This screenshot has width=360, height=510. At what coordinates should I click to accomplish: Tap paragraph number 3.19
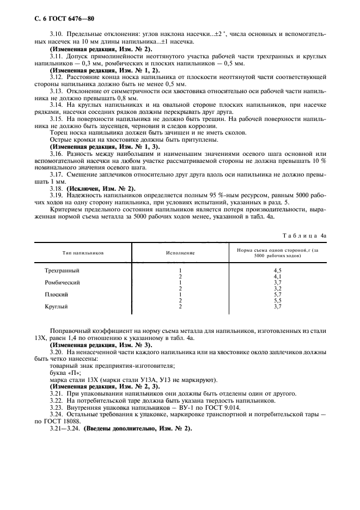coord(56,195)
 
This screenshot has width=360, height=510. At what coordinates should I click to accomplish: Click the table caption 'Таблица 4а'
coord(304,235)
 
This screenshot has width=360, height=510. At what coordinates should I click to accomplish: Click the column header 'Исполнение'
coord(180,253)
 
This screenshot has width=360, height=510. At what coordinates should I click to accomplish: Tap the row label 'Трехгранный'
coord(63,270)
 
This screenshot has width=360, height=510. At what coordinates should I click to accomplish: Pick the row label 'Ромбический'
coord(63,282)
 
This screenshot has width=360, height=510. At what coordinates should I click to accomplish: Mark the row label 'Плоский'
coord(57,294)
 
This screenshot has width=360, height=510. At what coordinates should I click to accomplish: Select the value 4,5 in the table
coord(277,270)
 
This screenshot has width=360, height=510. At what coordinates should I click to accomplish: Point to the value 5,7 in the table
coord(277,294)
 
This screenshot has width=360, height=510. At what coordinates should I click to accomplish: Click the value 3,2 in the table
coord(277,288)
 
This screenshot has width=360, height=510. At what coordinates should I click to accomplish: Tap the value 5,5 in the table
coord(277,300)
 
